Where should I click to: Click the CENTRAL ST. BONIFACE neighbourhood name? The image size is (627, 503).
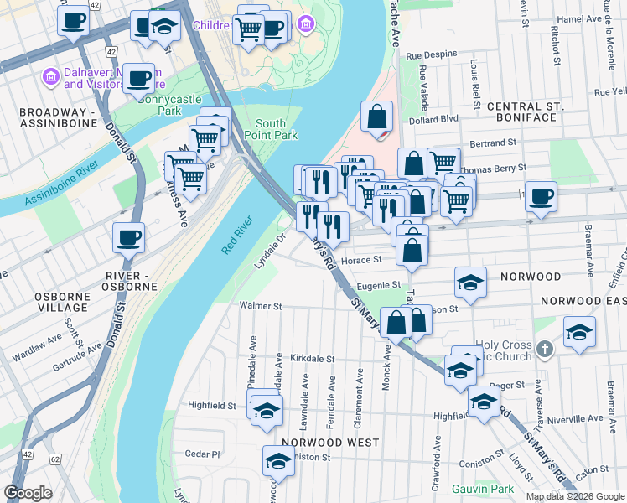tap(521, 111)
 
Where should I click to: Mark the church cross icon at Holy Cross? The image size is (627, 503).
tap(544, 347)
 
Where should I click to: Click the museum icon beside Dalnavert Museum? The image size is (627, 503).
tap(49, 77)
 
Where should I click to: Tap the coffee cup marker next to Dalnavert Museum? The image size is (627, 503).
tap(140, 78)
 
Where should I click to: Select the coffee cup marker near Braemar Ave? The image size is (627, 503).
tap(541, 196)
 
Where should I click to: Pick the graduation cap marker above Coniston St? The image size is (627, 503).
tap(278, 460)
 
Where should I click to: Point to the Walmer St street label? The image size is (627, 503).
tap(260, 306)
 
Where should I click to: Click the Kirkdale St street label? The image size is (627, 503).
tap(313, 358)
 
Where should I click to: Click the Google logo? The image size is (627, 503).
tap(28, 493)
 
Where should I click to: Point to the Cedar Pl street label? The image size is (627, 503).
tap(202, 454)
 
